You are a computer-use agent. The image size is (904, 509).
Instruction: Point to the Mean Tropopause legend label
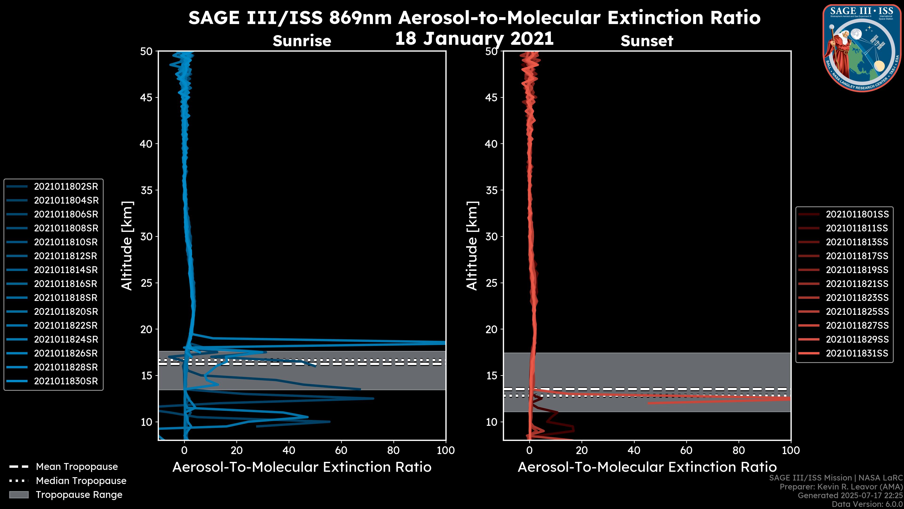pyautogui.click(x=77, y=467)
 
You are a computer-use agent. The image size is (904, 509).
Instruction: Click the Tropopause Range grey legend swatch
pyautogui.click(x=19, y=495)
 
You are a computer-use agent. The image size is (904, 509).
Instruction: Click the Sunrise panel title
pyautogui.click(x=302, y=41)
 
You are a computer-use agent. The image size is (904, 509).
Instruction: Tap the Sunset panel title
pyautogui.click(x=647, y=41)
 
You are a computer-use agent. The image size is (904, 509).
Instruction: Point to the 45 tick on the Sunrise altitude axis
pyautogui.click(x=146, y=97)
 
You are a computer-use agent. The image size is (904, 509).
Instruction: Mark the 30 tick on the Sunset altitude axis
pyautogui.click(x=491, y=236)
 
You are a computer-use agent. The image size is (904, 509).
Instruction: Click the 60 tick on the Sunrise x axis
pyautogui.click(x=341, y=450)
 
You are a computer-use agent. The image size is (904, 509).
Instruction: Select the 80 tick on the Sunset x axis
pyautogui.click(x=739, y=450)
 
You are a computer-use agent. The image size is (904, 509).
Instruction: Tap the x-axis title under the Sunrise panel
pyautogui.click(x=302, y=467)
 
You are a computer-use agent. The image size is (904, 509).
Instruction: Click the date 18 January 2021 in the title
pyautogui.click(x=474, y=39)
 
